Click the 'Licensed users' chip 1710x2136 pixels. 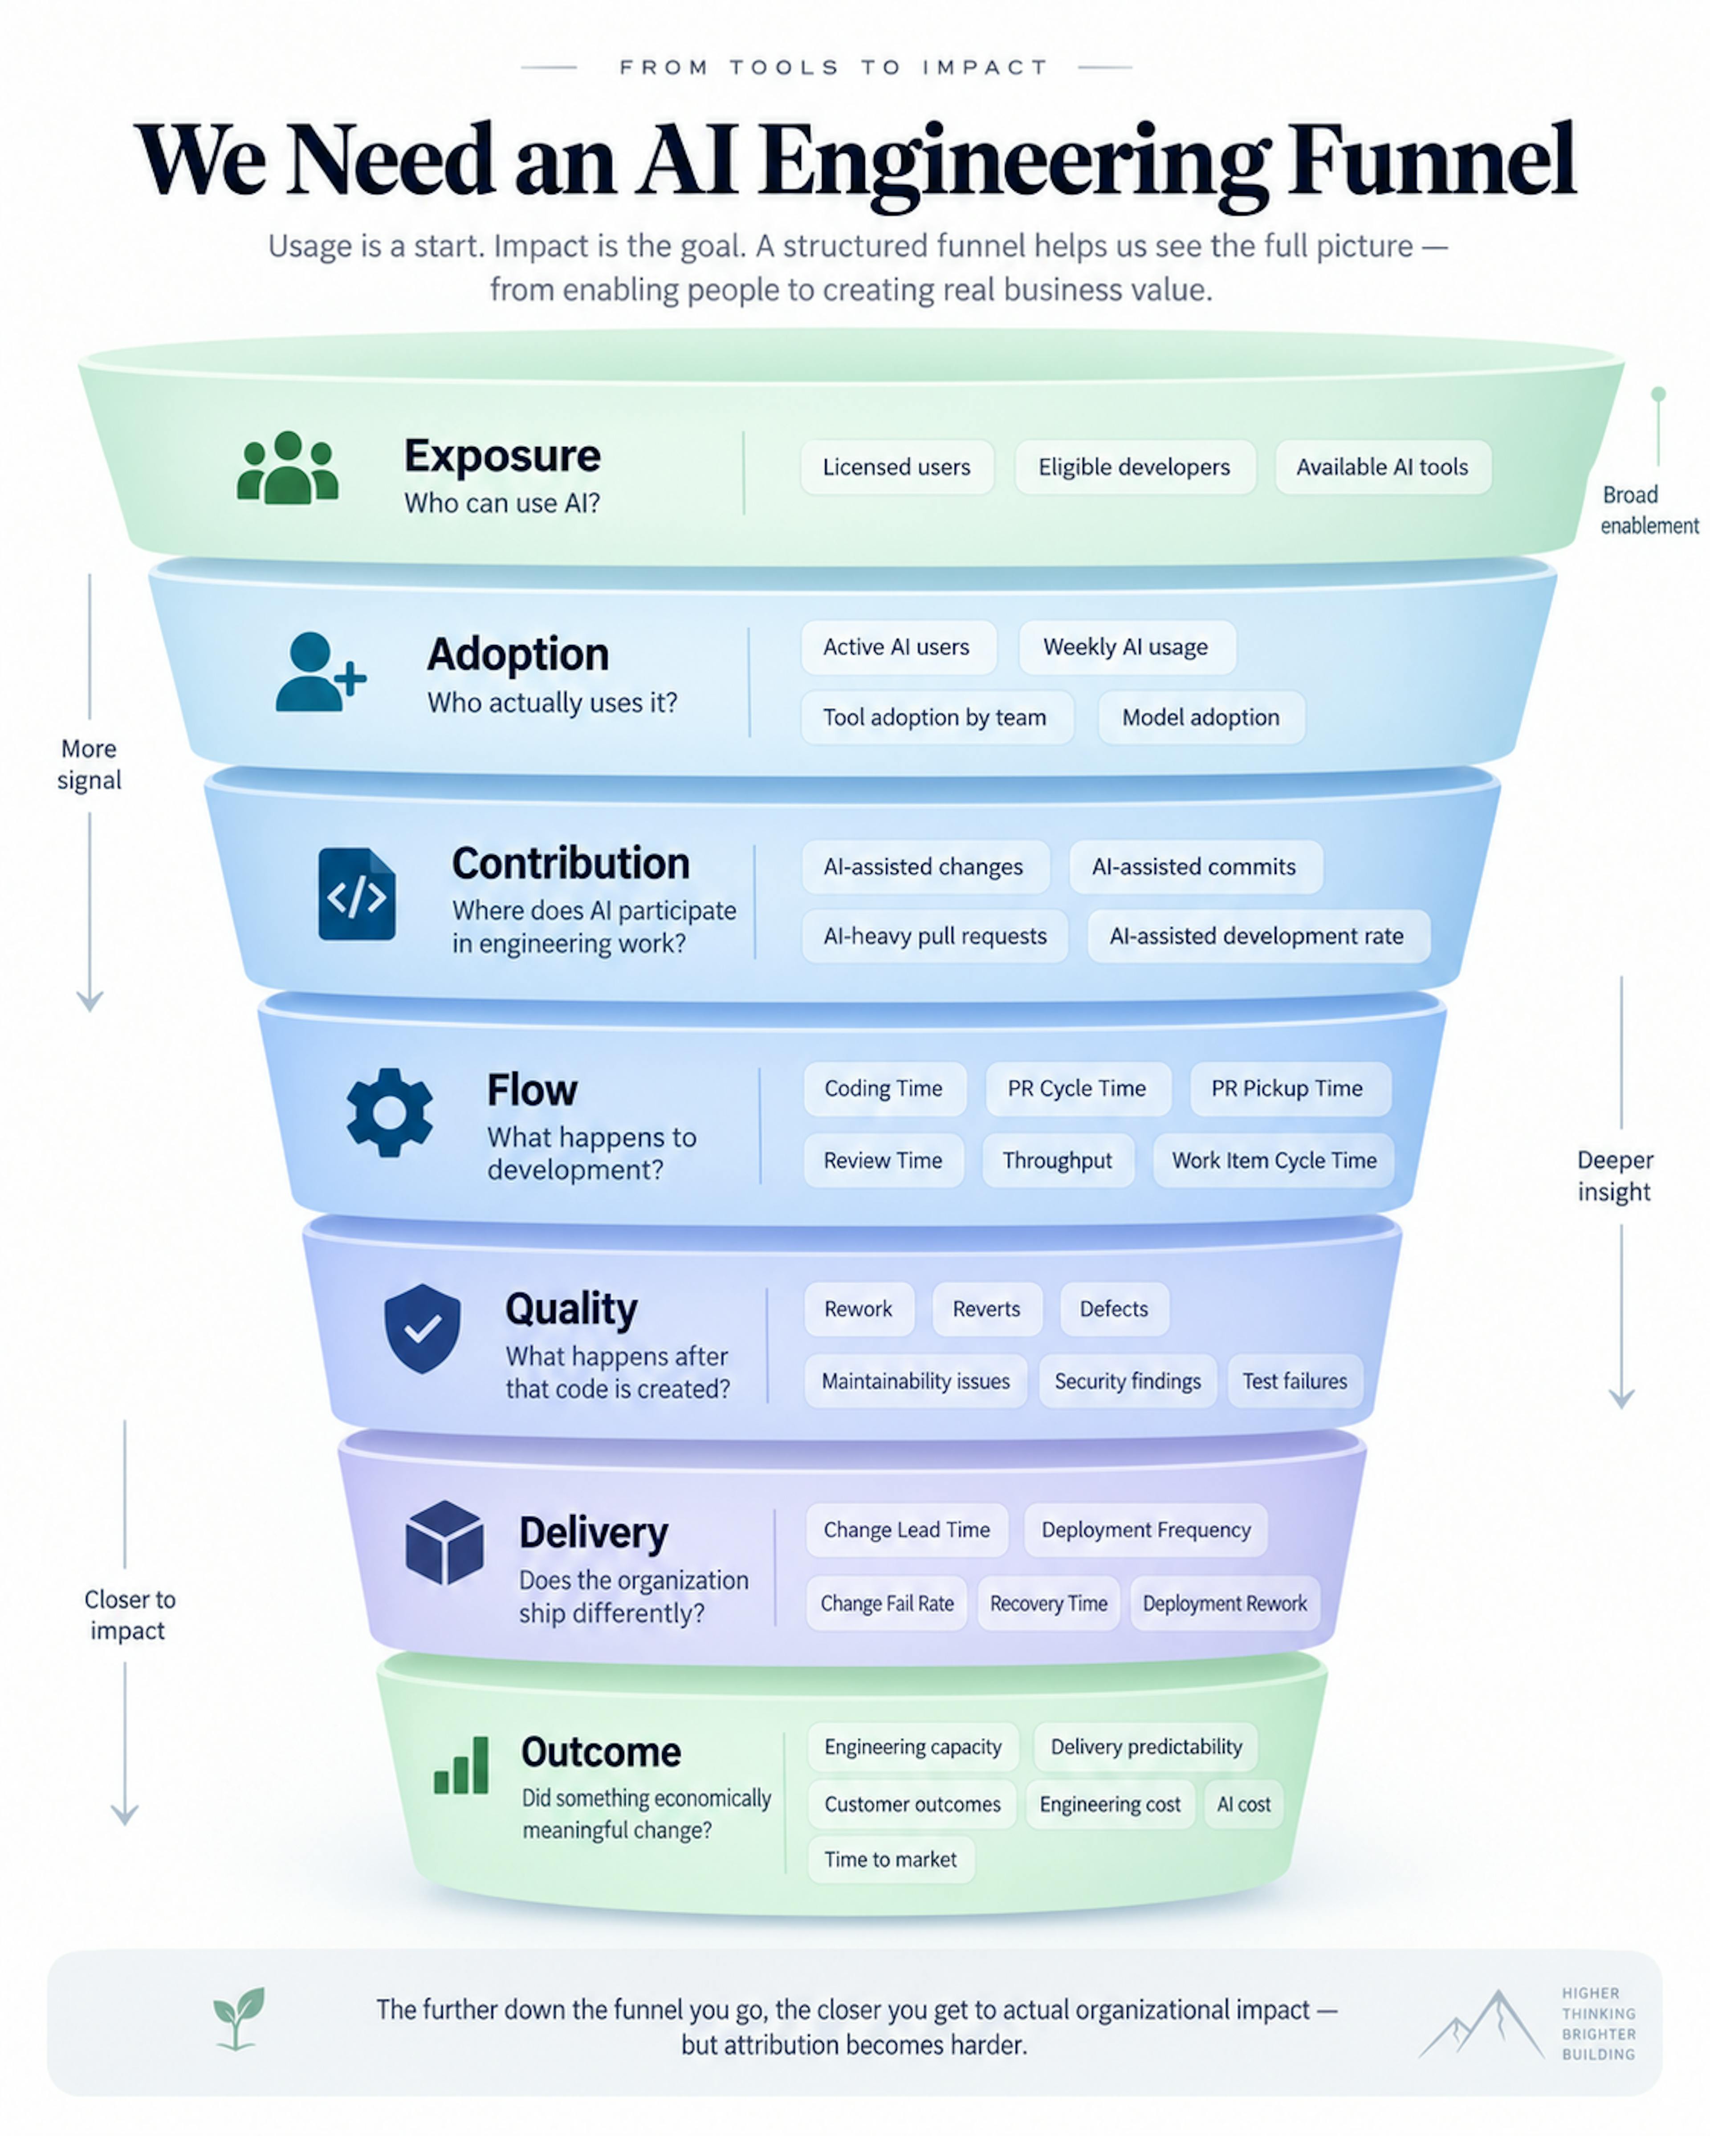click(896, 467)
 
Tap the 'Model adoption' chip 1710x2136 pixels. click(1201, 717)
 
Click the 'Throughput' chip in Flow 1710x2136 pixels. click(1057, 1160)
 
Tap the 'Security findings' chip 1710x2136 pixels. click(1128, 1381)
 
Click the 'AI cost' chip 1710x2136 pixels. click(1243, 1804)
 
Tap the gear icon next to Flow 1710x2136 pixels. click(389, 1113)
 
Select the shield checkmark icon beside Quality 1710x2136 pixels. click(422, 1328)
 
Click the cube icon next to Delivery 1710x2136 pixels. click(445, 1543)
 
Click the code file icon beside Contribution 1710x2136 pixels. click(357, 893)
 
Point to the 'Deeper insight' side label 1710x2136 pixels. click(1615, 1176)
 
